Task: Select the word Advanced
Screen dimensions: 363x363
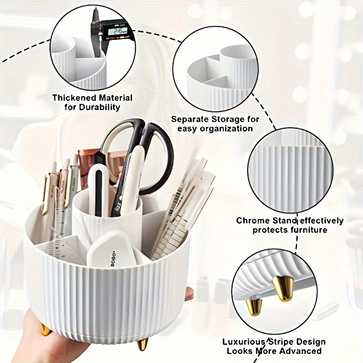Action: click(x=298, y=351)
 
